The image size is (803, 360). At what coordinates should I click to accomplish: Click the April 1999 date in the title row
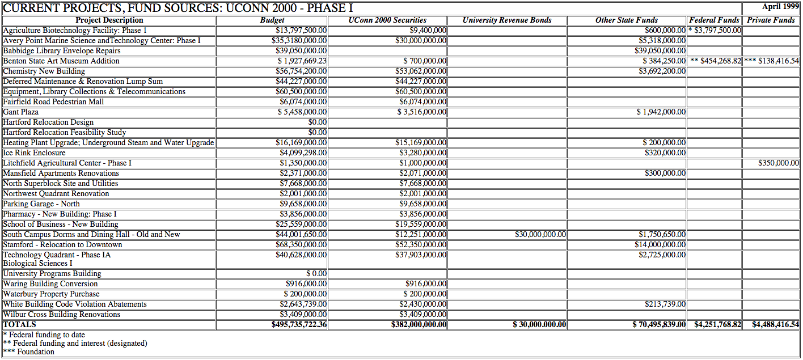tap(780, 7)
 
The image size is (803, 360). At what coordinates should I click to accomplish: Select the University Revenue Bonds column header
tap(506, 20)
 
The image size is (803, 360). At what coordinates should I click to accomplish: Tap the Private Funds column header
tap(771, 20)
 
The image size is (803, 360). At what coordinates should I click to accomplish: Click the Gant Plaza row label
tap(21, 112)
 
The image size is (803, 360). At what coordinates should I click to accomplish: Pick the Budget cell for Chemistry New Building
tap(301, 71)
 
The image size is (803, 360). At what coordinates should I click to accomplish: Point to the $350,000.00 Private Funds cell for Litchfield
tap(778, 163)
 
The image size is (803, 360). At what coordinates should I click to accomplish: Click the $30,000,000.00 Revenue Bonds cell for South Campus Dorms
tap(540, 235)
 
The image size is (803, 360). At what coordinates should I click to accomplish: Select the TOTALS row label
tap(19, 325)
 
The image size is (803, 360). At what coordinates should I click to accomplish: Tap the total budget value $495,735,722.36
tap(299, 325)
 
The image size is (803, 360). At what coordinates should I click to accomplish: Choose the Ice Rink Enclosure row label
tap(34, 153)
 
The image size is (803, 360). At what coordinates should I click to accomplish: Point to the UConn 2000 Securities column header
tap(387, 20)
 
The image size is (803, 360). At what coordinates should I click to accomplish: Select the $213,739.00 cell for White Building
tap(665, 304)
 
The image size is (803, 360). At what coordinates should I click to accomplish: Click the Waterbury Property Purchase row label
tap(51, 294)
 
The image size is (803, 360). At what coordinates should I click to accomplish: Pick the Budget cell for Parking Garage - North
tap(303, 204)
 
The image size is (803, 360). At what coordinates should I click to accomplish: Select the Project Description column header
tap(109, 20)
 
